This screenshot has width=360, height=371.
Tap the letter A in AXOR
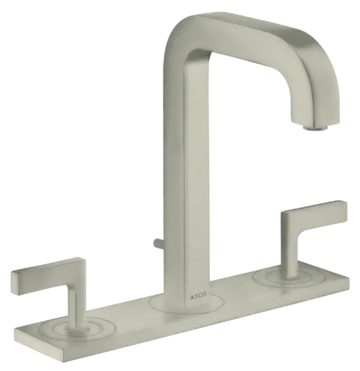coord(192,296)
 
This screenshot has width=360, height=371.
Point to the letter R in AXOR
coord(205,295)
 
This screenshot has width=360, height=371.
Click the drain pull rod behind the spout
coord(158,243)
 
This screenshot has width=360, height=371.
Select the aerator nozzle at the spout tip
coord(315,127)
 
